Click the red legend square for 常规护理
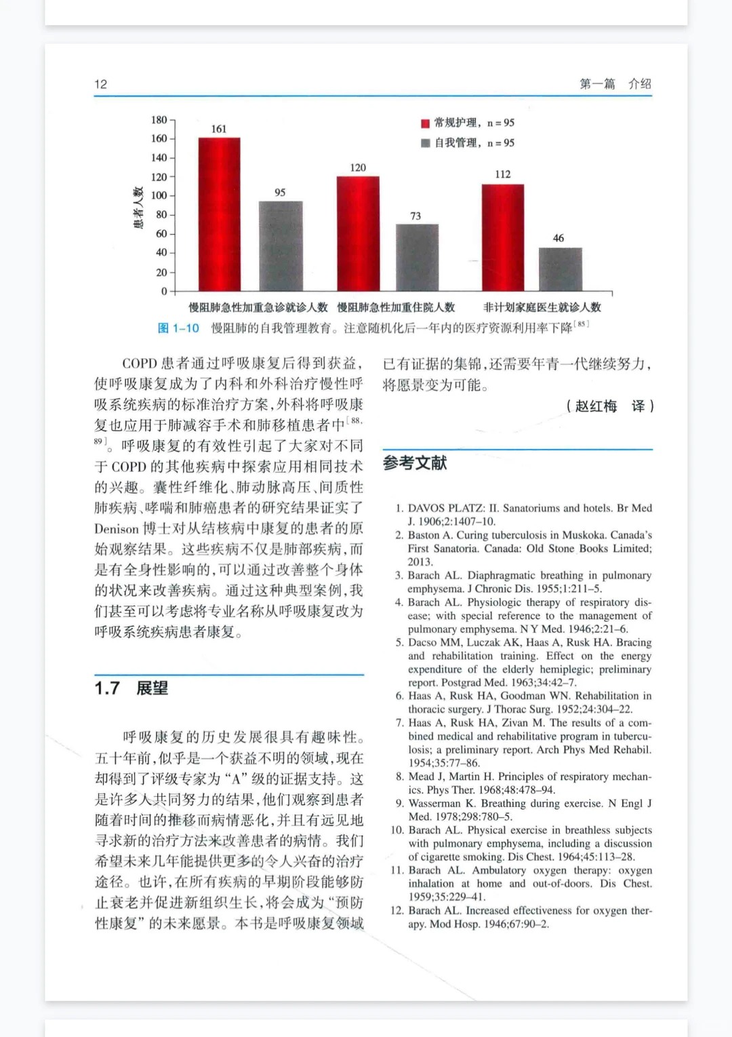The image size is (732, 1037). click(425, 123)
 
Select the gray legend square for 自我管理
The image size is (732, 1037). click(425, 143)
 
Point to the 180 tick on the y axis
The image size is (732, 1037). click(159, 120)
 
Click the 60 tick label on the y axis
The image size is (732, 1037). click(161, 234)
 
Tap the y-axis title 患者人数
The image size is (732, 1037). click(138, 208)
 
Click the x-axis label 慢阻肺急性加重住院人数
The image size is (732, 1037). click(396, 307)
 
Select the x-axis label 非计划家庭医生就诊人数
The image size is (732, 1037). click(542, 307)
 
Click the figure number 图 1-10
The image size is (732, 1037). click(178, 328)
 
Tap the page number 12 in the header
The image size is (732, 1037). click(100, 84)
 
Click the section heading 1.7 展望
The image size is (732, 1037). click(131, 688)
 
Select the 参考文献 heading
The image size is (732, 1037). click(415, 463)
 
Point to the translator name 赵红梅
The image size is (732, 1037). click(596, 406)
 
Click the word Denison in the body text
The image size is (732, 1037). click(116, 529)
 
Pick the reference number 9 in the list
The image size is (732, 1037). click(400, 804)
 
